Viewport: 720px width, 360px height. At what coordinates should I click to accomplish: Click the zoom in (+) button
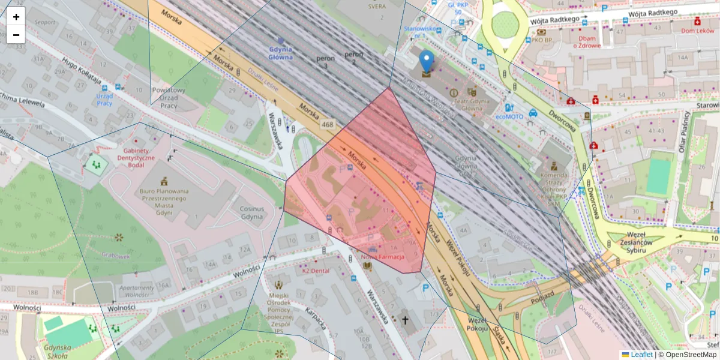16,17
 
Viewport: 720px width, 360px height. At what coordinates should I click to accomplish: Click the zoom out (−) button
16,35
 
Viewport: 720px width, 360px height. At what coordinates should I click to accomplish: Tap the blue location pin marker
426,62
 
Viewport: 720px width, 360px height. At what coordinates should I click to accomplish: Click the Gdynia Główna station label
281,53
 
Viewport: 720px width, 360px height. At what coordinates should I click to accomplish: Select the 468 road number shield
327,125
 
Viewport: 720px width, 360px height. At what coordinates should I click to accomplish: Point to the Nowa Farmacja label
383,256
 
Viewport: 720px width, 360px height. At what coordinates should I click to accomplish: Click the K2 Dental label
316,271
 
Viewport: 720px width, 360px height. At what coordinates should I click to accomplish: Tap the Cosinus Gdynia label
251,212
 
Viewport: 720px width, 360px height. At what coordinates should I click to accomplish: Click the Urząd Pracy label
104,99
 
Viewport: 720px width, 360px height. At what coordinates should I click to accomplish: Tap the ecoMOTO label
509,117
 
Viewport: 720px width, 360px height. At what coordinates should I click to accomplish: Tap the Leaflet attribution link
641,355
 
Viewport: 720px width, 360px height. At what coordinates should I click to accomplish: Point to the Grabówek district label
116,256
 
